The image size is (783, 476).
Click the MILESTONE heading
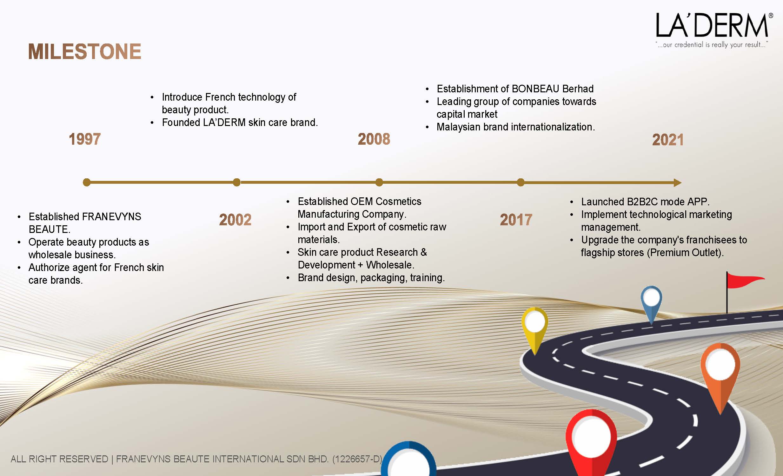[x=84, y=51]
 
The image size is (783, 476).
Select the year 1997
[x=85, y=139]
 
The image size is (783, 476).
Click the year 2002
[x=235, y=220]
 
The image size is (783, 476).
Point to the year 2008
[x=374, y=139]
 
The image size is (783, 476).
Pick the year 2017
[x=516, y=220]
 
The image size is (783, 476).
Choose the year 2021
[x=668, y=140]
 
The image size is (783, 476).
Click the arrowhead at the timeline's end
[x=678, y=183]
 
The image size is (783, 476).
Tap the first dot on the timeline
[x=86, y=182]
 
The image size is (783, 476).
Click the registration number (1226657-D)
[x=357, y=459]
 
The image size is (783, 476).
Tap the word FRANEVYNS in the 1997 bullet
[x=111, y=217]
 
